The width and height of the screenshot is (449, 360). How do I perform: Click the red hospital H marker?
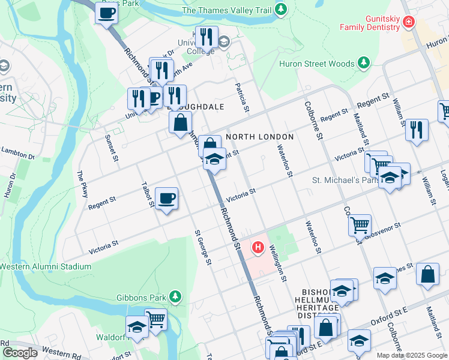tap(258, 247)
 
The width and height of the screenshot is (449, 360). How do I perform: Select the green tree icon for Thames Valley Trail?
tap(280, 10)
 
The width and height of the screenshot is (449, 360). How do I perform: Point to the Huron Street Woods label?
tap(317, 64)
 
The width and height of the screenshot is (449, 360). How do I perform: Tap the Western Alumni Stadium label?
tap(46, 266)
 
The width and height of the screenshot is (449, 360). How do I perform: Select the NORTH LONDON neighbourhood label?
tap(259, 137)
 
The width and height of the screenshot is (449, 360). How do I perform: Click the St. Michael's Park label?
tap(344, 180)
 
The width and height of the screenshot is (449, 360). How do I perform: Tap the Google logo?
tap(20, 352)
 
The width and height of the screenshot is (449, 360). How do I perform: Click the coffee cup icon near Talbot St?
tap(166, 198)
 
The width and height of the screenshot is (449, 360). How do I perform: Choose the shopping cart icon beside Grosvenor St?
tap(360, 225)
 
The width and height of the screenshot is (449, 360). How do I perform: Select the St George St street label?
tap(202, 247)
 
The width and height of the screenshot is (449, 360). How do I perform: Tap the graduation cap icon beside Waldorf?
tap(137, 327)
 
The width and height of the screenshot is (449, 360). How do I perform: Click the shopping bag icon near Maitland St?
tap(427, 274)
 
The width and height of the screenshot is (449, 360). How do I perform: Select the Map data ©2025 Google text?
tap(412, 355)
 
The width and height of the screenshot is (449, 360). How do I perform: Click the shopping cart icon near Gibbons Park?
tap(155, 319)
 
